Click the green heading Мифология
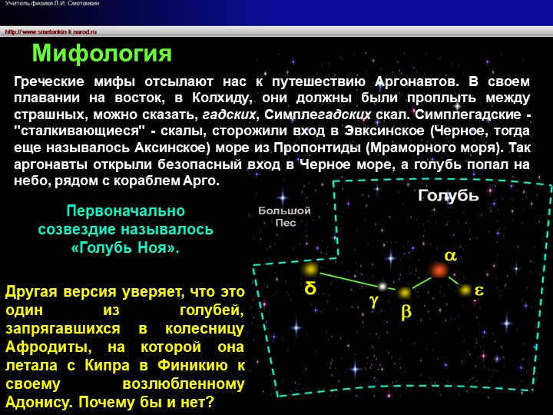[x=101, y=54]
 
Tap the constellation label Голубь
[x=448, y=195]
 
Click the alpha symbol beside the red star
[x=451, y=256]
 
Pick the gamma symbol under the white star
[x=375, y=302]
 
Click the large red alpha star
[x=439, y=270]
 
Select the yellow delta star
[x=310, y=269]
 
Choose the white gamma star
[x=382, y=287]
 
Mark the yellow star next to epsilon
[x=465, y=290]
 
